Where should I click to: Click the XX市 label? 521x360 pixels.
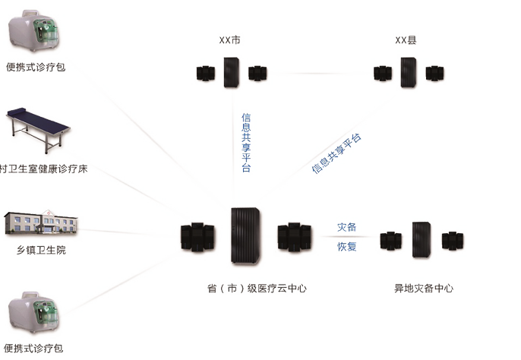[x=229, y=40]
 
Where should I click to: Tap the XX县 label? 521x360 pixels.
[x=406, y=40]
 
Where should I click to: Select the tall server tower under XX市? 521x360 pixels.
[x=232, y=72]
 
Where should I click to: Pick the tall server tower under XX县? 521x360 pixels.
[x=409, y=72]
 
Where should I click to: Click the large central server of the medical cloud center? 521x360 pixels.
[x=245, y=235]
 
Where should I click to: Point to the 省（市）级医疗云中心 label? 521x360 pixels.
[x=257, y=288]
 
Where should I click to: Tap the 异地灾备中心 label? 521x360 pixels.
[x=424, y=288]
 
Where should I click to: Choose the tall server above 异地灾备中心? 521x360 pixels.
[x=422, y=240]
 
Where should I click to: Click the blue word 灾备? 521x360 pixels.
[x=346, y=227]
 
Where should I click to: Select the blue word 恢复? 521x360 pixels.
[x=346, y=247]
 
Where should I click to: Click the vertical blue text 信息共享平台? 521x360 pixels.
[x=246, y=143]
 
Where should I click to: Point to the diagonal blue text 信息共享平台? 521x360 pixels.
[x=336, y=153]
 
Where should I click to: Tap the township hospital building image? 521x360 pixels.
[x=41, y=223]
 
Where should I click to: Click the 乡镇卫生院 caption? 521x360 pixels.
[x=41, y=250]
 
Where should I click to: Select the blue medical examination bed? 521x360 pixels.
[x=38, y=130]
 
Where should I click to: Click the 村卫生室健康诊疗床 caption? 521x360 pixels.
[x=43, y=169]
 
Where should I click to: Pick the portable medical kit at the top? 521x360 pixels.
[x=33, y=31]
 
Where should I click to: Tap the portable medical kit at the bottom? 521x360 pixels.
[x=33, y=312]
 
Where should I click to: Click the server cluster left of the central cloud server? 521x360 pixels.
[x=197, y=237]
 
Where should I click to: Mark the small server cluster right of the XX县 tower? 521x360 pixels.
[x=435, y=74]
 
